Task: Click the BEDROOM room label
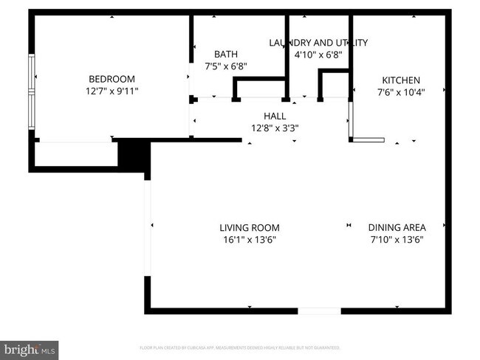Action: point(112,80)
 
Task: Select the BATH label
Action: point(225,55)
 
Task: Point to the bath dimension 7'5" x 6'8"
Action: point(225,66)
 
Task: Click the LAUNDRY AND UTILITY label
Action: point(318,43)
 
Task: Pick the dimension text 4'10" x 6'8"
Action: point(318,54)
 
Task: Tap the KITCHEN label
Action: point(400,80)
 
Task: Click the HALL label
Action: point(275,116)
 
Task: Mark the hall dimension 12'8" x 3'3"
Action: point(275,127)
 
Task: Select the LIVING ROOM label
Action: point(249,228)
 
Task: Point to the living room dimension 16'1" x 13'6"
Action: point(249,239)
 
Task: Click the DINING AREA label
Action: point(396,228)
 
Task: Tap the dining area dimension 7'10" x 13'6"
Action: point(396,239)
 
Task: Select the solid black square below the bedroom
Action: point(134,156)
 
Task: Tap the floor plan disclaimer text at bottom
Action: point(240,347)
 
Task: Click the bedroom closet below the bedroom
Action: point(75,154)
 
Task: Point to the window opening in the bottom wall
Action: point(319,311)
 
